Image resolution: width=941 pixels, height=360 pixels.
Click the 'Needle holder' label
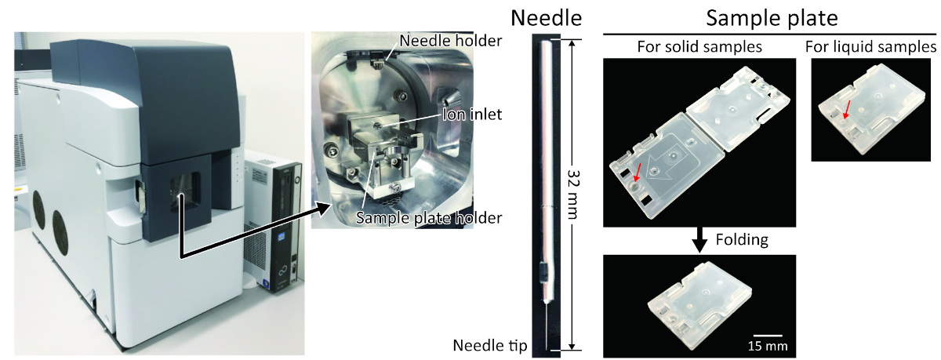450,40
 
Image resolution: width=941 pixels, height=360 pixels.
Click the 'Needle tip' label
490,345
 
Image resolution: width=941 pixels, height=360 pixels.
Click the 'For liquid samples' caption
870,47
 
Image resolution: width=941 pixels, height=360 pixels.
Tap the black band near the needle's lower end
543,274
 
